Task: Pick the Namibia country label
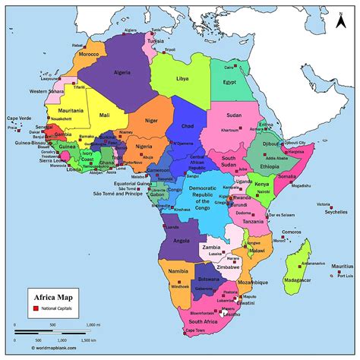tap(178, 271)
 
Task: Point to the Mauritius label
tap(343, 267)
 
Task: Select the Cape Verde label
tap(20, 118)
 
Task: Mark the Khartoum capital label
tap(231, 130)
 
